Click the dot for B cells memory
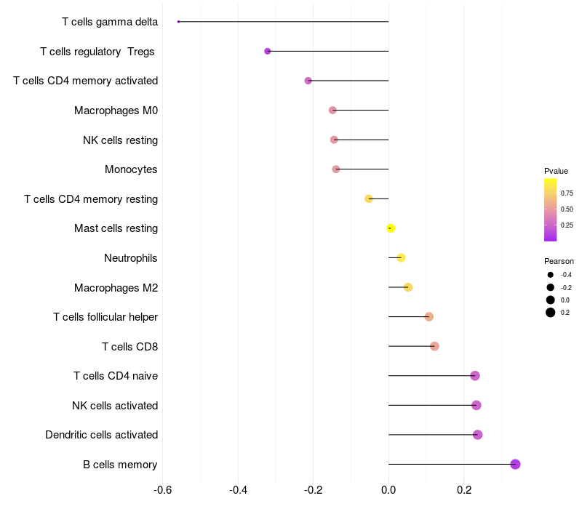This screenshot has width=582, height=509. pos(515,464)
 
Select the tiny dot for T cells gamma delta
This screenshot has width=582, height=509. pos(178,22)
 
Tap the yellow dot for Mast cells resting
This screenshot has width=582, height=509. pos(391,228)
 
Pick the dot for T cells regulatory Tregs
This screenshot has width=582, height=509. pos(268,51)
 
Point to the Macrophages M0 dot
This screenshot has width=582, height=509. pos(332,111)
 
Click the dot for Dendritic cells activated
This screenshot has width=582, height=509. pos(477,435)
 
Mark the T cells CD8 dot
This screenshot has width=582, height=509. pos(434,346)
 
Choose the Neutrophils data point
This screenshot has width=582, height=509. pos(401,258)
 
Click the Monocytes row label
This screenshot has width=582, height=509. pos(131,169)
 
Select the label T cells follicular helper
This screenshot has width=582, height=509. pos(105,317)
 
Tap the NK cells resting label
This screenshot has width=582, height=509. pos(120,140)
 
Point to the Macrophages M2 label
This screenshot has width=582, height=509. pos(116,287)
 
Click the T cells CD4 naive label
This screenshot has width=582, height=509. pos(116,376)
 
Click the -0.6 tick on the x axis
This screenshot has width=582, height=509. pos(163,490)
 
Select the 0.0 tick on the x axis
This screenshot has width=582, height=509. pos(388,490)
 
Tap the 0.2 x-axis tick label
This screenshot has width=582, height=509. pos(464,490)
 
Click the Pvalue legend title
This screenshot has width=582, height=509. pos(556,171)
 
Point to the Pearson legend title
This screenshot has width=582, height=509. pos(559,261)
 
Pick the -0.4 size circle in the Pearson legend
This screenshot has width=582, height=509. pos(551,275)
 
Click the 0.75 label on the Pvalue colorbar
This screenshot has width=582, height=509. pos(567,193)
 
